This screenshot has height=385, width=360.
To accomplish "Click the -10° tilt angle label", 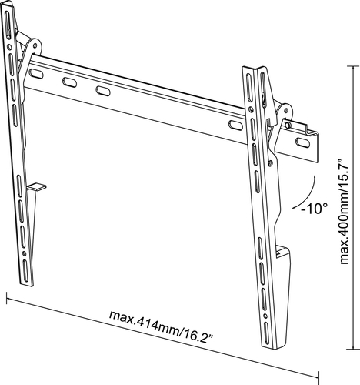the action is pos(315,208).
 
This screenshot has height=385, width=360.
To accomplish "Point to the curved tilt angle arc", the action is pos(307,194).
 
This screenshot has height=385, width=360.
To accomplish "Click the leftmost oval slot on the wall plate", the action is pos(36,74).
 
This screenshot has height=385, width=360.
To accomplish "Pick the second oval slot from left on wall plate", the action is pos(70,82).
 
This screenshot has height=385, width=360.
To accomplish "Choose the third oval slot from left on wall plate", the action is pos(103,91).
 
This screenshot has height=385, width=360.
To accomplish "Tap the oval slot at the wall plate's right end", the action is pos(303,142).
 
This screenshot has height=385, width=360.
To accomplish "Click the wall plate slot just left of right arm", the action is pos(235,125).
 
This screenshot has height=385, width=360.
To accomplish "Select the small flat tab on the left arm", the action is pos(36,187).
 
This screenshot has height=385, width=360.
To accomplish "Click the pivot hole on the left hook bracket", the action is pos(35,46).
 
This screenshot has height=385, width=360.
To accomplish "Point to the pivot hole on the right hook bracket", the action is pos(286,110).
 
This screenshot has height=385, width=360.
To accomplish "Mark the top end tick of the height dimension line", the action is pos(353,66).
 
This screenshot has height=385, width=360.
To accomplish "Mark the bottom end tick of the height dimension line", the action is pos(353,349).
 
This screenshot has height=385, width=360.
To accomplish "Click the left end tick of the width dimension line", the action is pos(6,298).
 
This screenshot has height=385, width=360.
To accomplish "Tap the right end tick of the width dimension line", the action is pos(318,377).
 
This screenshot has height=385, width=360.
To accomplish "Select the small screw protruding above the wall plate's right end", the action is pos(288,125).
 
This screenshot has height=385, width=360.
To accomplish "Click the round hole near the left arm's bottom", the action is pos(24,253).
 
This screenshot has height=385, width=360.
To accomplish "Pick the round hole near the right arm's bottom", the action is pos(265,316).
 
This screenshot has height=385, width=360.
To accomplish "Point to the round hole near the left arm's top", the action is pos(9,47).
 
